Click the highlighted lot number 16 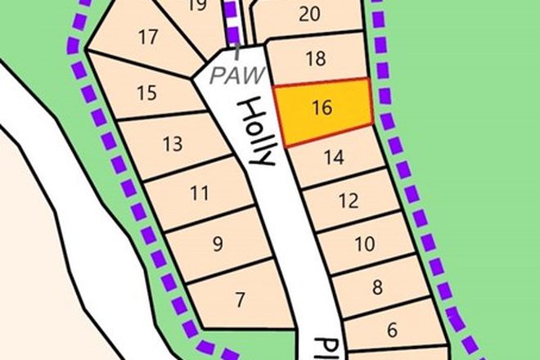click(322, 107)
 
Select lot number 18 click(315, 59)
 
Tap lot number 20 click(309, 13)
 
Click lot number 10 click(365, 244)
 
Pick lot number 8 click(377, 287)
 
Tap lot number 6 click(392, 331)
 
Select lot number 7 click(238, 300)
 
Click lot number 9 click(218, 244)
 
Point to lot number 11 click(199, 195)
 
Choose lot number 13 click(172, 146)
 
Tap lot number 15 click(146, 92)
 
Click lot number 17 click(148, 38)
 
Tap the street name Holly click(255, 133)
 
